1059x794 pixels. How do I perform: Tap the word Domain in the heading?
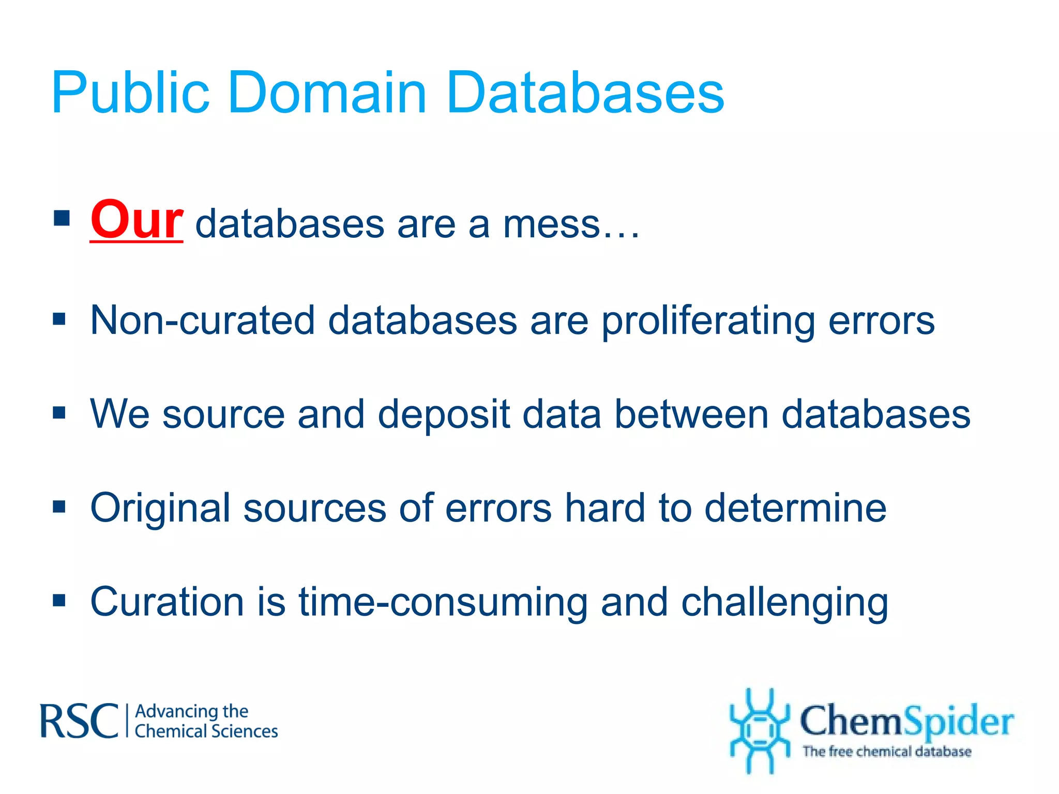pos(327,93)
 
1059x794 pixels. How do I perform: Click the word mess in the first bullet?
pos(551,224)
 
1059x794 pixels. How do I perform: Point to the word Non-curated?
pos(202,320)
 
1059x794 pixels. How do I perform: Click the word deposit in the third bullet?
pos(444,415)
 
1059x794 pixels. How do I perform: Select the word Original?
pos(160,509)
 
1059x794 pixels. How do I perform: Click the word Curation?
pos(167,602)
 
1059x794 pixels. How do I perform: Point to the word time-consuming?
pos(443,603)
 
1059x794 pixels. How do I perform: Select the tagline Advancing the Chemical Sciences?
pos(206,721)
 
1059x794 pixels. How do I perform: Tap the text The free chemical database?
pos(886,751)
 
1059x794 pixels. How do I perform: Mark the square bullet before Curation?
pos(59,601)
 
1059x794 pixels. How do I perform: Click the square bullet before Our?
pos(62,219)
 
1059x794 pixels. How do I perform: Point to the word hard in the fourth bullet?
pos(604,508)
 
